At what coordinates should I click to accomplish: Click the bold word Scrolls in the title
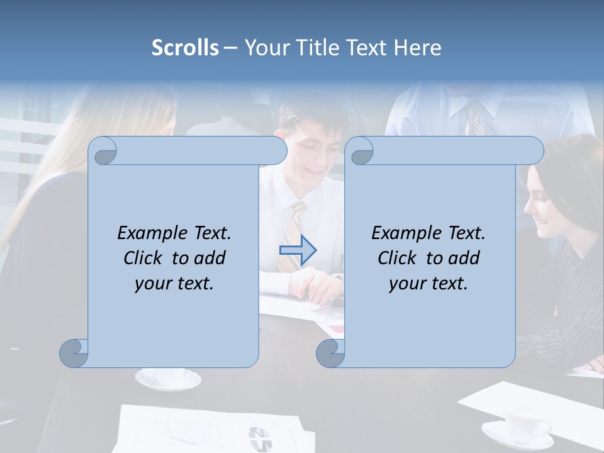(186, 48)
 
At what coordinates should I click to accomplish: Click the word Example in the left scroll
(152, 233)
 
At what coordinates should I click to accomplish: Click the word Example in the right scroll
(406, 233)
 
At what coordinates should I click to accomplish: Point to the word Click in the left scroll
(145, 258)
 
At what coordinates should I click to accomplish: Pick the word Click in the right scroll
(399, 258)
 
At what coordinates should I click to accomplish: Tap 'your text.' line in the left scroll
(174, 283)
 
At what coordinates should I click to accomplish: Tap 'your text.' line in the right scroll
(428, 283)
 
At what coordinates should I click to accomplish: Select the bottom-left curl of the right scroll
(330, 353)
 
